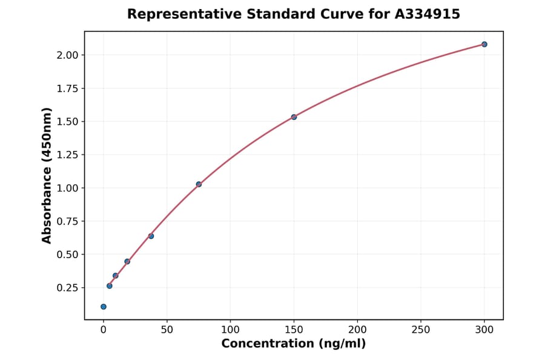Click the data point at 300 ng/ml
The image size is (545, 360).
(484, 44)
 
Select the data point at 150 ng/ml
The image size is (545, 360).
(294, 117)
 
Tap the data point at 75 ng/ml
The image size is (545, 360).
(199, 184)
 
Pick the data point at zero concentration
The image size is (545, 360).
(104, 307)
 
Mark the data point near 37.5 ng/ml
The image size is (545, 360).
(151, 236)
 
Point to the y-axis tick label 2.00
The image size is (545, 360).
(68, 55)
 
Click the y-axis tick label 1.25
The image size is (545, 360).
(68, 155)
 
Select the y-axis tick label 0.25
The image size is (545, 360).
(68, 287)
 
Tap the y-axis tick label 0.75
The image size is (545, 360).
(68, 221)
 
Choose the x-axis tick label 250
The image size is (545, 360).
(421, 330)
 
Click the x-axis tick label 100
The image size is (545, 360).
(230, 330)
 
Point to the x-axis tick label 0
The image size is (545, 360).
(104, 330)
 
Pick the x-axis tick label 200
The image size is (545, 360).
(357, 330)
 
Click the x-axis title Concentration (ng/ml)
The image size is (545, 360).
(294, 344)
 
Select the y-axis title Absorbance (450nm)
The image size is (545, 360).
(47, 175)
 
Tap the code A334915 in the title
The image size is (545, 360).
(428, 14)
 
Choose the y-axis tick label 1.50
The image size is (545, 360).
(68, 121)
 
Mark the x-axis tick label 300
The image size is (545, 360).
(484, 330)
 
